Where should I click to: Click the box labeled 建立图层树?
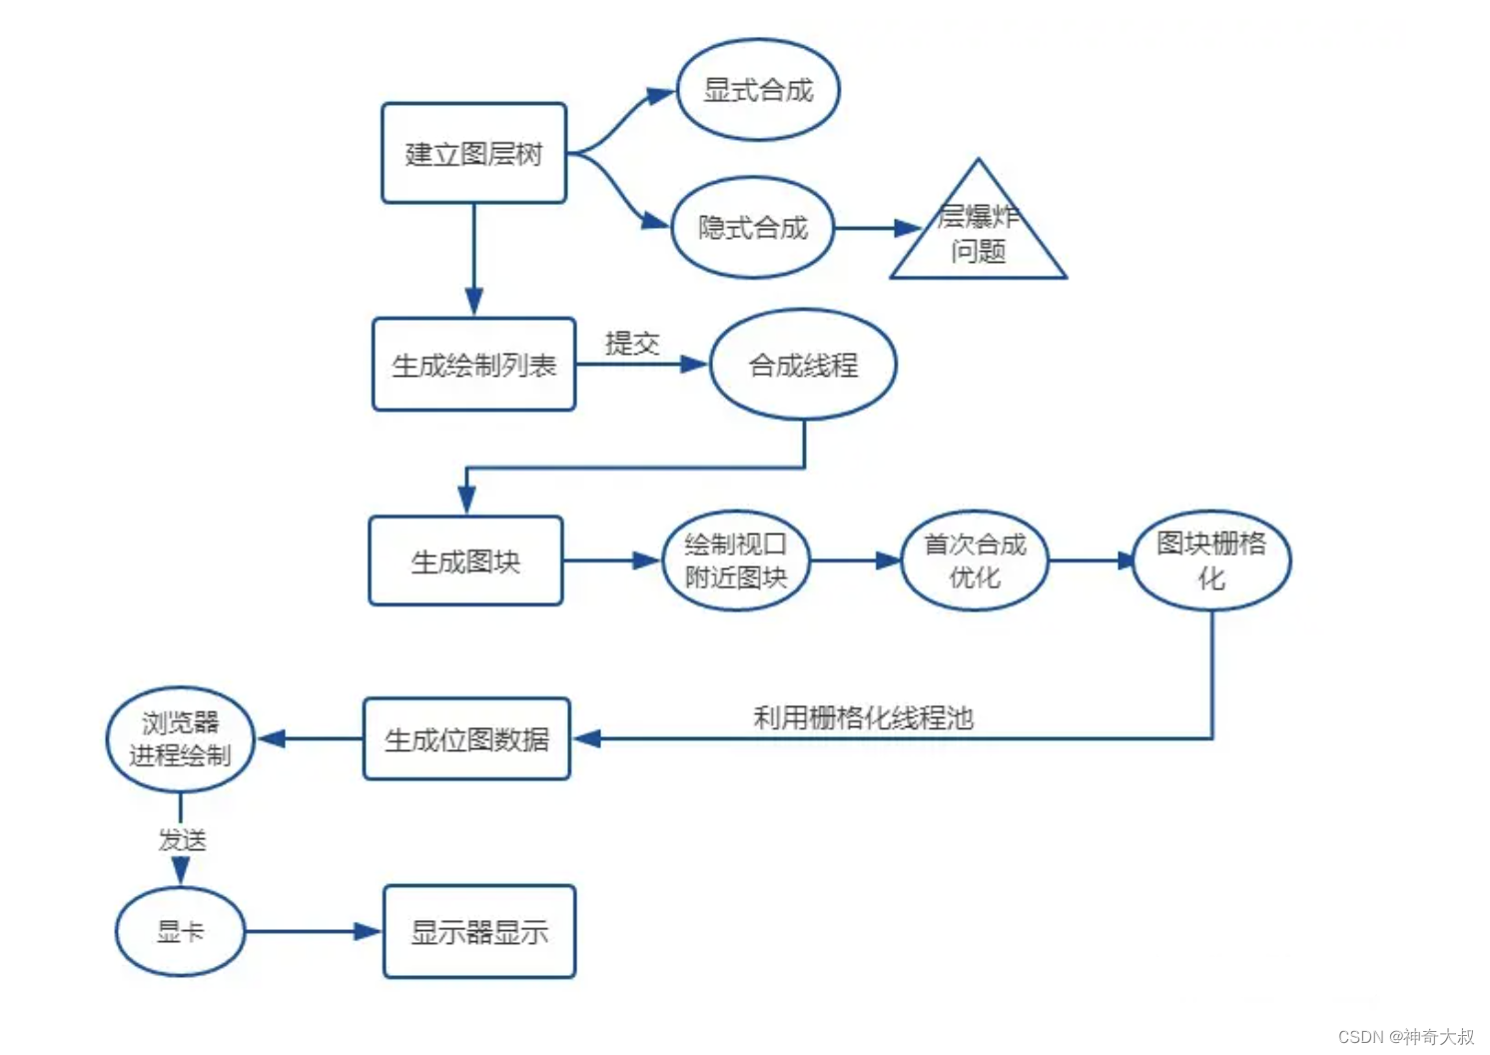pyautogui.click(x=473, y=153)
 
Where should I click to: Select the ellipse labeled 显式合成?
pyautogui.click(x=758, y=90)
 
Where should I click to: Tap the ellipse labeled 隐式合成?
pyautogui.click(x=752, y=228)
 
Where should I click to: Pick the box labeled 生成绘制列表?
pyautogui.click(x=473, y=365)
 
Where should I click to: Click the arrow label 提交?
pyautogui.click(x=632, y=344)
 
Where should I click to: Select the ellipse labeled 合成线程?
pyautogui.click(x=803, y=365)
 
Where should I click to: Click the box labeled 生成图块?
pyautogui.click(x=465, y=561)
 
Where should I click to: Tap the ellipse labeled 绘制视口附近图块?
pyautogui.click(x=736, y=560)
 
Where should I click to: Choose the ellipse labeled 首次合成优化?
pyautogui.click(x=975, y=560)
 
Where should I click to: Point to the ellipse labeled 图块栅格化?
pyautogui.click(x=1211, y=560)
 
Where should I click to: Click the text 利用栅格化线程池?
pyautogui.click(x=863, y=717)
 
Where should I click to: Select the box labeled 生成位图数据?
pyautogui.click(x=466, y=739)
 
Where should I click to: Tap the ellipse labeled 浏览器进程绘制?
pyautogui.click(x=180, y=739)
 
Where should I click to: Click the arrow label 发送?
pyautogui.click(x=182, y=840)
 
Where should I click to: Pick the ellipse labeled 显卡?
pyautogui.click(x=180, y=931)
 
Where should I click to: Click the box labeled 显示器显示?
pyautogui.click(x=479, y=931)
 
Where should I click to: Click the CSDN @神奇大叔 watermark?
pyautogui.click(x=1405, y=1036)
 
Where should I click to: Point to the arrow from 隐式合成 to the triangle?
pyautogui.click(x=876, y=228)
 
